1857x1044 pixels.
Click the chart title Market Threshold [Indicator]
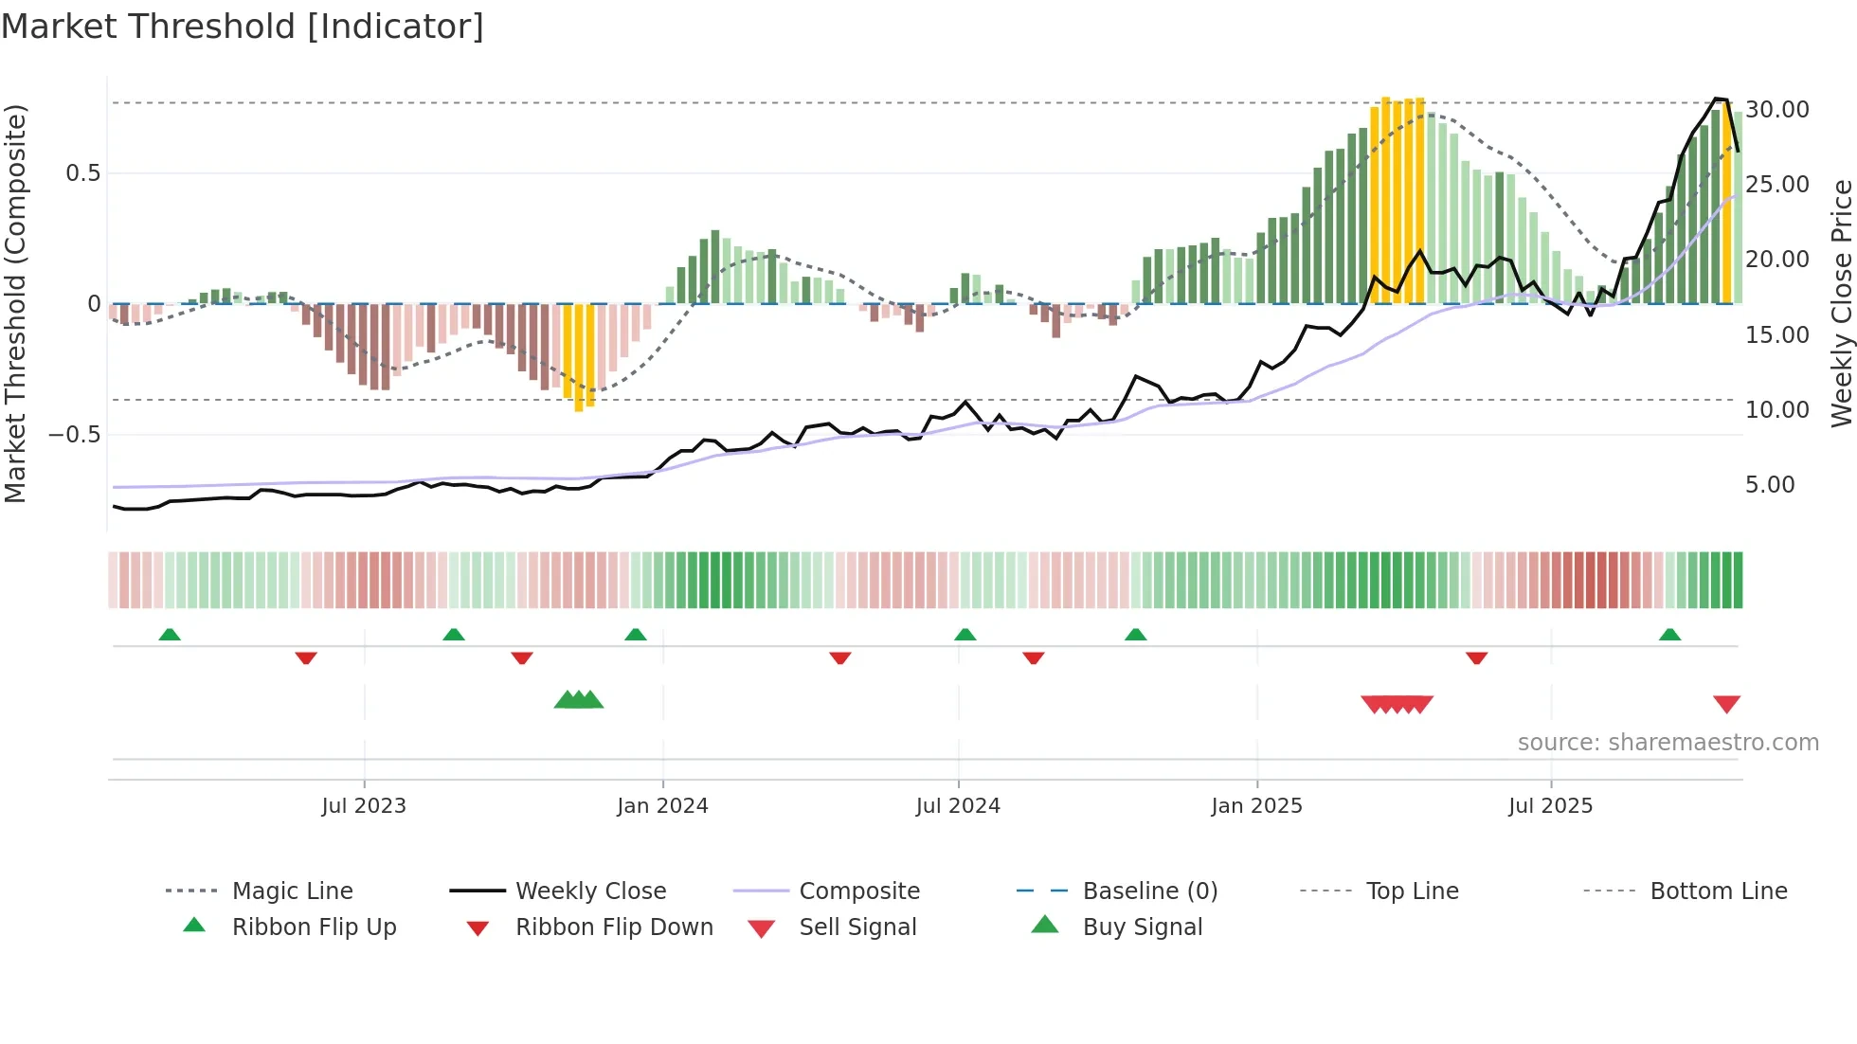(x=243, y=27)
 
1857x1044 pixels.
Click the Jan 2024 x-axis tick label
(x=662, y=806)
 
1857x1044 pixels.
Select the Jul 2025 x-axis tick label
(x=1550, y=806)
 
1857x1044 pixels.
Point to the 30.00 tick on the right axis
(x=1777, y=110)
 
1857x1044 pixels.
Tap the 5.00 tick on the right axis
(x=1770, y=485)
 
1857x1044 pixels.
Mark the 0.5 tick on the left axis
(x=82, y=173)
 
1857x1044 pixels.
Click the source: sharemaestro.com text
(x=1668, y=743)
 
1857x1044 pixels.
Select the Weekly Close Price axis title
(x=1841, y=303)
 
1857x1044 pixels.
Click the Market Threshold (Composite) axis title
(x=15, y=303)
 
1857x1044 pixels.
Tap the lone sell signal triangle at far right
(x=1726, y=704)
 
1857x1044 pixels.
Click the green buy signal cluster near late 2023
(x=579, y=700)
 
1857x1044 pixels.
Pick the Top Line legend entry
(x=1412, y=891)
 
